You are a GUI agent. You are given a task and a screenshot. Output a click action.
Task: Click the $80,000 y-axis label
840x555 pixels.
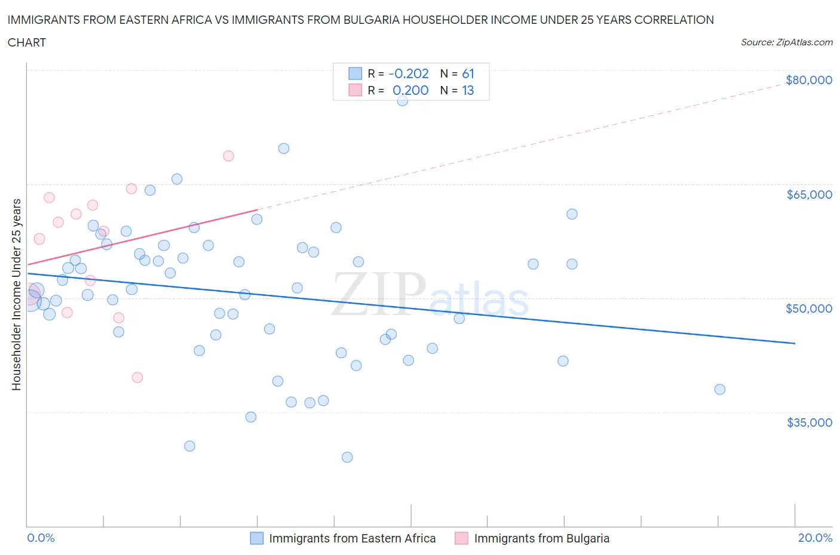[809, 80]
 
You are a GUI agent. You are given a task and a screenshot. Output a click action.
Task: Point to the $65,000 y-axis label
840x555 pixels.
[809, 195]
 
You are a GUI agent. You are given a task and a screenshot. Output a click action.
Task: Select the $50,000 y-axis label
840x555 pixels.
[809, 309]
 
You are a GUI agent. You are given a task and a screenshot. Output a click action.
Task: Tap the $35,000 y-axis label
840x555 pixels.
[809, 423]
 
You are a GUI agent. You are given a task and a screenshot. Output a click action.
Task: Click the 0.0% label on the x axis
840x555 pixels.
[41, 538]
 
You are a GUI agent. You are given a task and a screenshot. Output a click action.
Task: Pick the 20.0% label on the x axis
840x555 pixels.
[815, 538]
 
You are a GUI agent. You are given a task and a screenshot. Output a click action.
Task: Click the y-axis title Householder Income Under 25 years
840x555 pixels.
[16, 294]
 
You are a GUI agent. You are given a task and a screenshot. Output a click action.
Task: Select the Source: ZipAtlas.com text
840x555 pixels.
[786, 42]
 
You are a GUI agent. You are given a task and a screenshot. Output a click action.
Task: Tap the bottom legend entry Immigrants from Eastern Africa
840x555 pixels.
[352, 538]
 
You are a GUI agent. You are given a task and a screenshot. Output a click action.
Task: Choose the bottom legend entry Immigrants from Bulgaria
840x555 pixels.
[541, 538]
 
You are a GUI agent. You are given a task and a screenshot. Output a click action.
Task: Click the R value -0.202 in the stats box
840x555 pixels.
[409, 73]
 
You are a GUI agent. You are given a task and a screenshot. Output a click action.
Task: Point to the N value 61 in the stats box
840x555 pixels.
[468, 73]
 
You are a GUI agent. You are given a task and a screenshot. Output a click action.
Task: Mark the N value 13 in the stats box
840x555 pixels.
[468, 90]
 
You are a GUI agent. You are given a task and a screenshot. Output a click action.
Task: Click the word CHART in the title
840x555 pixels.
[27, 42]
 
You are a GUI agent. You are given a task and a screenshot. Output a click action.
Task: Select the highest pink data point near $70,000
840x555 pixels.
[228, 156]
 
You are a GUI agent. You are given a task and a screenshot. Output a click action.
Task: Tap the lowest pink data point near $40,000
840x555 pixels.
[137, 377]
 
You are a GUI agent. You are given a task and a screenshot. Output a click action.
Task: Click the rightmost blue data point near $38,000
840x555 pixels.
[720, 389]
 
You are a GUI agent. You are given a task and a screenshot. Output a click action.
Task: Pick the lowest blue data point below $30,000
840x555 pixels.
[347, 457]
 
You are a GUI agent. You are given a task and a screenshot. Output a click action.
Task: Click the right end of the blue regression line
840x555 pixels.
[795, 343]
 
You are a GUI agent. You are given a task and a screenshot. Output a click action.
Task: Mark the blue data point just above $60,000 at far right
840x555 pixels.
[572, 214]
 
